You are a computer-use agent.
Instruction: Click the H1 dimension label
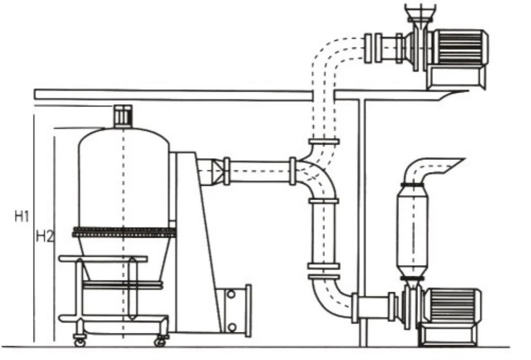point(21,217)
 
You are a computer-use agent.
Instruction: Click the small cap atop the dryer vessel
point(122,116)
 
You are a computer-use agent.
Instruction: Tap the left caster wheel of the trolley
point(80,342)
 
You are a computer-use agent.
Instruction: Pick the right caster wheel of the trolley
point(160,342)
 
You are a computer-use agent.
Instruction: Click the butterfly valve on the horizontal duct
point(226,171)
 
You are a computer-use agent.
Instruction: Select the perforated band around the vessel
point(124,232)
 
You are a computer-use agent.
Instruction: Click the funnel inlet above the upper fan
point(420,12)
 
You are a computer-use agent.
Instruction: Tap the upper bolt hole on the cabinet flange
point(231,294)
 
